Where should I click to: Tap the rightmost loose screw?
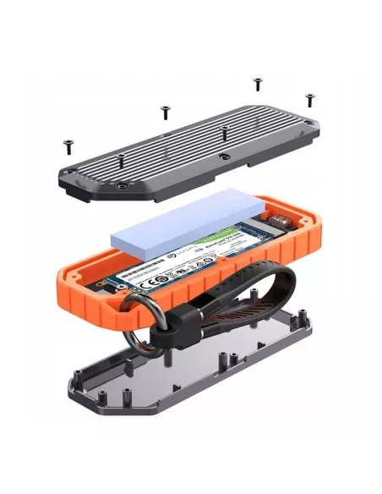(x=309, y=99)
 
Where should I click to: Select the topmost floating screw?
(x=258, y=83)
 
